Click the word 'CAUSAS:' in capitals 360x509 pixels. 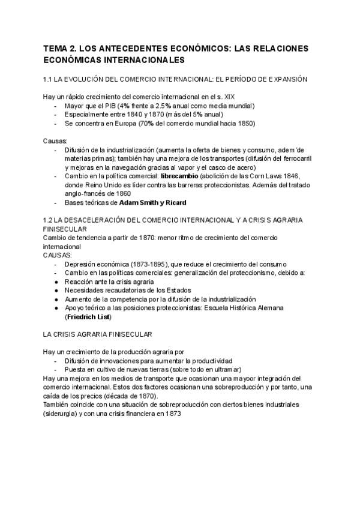57,255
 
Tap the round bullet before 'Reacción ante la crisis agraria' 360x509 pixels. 56,282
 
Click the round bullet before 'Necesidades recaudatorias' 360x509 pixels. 56,291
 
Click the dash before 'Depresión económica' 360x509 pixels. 56,264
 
